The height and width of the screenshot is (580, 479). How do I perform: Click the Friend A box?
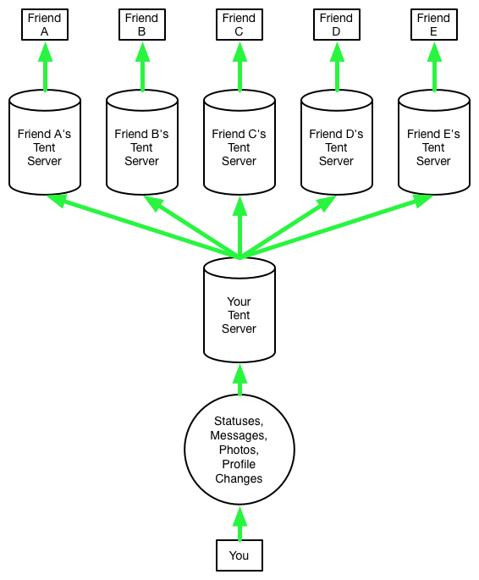[x=45, y=25]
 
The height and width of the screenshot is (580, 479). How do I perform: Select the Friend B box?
[x=142, y=25]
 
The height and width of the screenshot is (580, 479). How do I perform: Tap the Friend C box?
[x=239, y=25]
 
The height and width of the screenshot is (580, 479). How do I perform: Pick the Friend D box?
[x=337, y=25]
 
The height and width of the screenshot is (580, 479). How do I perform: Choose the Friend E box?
[x=434, y=25]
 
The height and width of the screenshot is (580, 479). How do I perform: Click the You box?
[x=239, y=555]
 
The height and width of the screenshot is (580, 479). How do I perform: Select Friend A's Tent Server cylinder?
[x=45, y=142]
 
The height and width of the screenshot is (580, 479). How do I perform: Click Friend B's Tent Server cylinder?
[x=142, y=142]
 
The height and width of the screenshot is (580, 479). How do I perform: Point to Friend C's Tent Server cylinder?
[x=239, y=142]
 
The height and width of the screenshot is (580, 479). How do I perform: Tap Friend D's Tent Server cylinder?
[x=337, y=142]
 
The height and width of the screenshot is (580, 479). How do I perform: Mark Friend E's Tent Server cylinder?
[x=434, y=142]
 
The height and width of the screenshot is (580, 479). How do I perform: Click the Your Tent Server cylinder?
[x=239, y=310]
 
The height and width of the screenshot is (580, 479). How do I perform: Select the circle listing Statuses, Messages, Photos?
[x=239, y=450]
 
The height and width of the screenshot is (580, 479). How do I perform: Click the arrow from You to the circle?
[x=239, y=523]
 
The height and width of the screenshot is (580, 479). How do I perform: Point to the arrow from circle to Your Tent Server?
[x=239, y=380]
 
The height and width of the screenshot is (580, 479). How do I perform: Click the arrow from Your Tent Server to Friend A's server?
[x=143, y=226]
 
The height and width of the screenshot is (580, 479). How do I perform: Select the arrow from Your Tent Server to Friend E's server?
[x=336, y=226]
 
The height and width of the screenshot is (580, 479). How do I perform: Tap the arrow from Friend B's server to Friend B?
[x=142, y=67]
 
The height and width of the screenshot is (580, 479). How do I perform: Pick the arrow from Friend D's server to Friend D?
[x=337, y=67]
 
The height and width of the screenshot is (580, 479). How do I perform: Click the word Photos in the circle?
[x=239, y=450]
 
